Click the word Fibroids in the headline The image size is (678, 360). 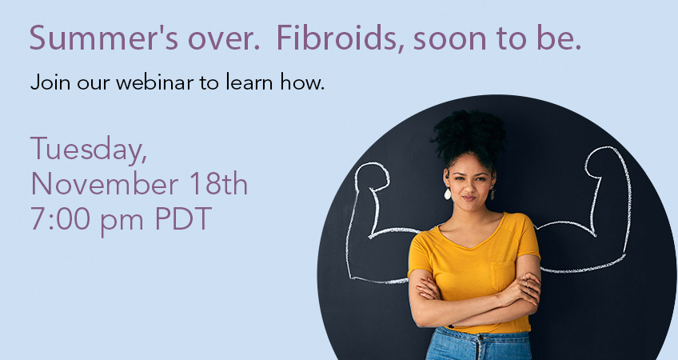tap(337, 38)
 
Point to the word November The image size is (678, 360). tap(105, 184)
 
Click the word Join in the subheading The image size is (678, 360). tap(50, 82)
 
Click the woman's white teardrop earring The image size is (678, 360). tap(447, 194)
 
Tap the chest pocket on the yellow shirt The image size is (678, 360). tap(502, 275)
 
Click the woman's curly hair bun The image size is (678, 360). tap(469, 132)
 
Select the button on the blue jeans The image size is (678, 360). tap(479, 338)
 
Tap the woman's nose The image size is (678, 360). tap(469, 187)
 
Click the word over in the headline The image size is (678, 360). tap(224, 39)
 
